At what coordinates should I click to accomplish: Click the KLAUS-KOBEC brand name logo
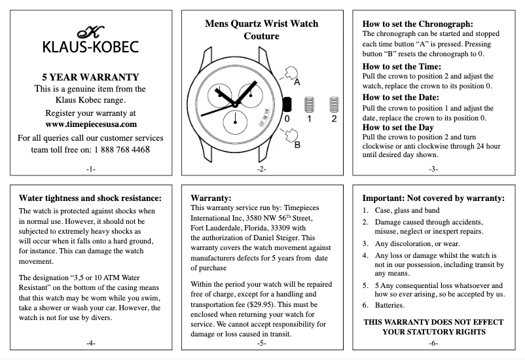pos(90,48)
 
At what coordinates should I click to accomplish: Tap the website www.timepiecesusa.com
pos(91,124)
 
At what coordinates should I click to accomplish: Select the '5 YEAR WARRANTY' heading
pos(90,77)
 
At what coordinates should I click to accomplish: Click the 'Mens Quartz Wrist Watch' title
pos(261,24)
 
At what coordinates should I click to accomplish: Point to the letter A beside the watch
pos(296,82)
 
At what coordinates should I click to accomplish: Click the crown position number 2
pos(334,120)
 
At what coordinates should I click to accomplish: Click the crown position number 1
pos(310,120)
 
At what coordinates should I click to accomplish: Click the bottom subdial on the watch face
pos(235,120)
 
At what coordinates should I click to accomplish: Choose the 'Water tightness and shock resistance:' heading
pos(90,198)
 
